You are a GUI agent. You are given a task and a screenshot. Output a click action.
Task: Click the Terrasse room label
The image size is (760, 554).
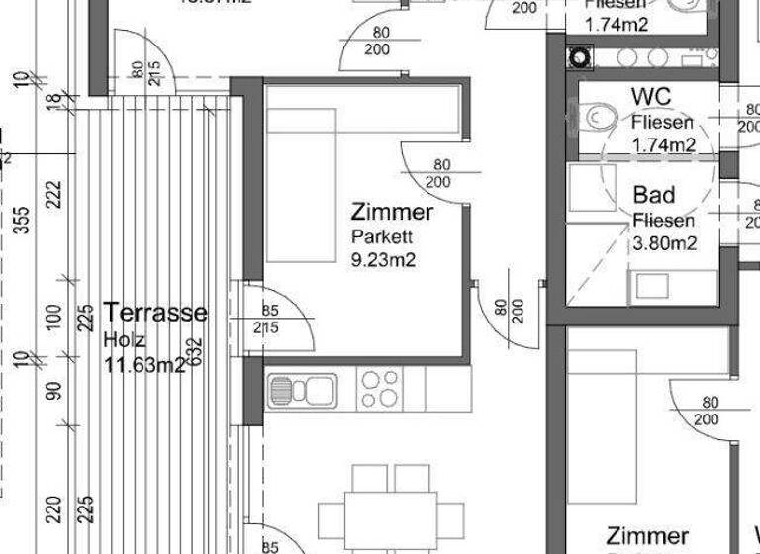point(156,313)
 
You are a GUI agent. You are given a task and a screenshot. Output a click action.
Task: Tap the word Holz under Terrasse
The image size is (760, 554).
point(122,340)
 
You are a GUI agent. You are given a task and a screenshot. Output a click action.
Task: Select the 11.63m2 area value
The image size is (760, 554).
point(144,365)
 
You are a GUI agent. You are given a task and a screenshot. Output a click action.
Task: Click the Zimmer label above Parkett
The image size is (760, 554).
point(392,213)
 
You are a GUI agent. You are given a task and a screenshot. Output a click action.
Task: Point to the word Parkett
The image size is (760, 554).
point(381,237)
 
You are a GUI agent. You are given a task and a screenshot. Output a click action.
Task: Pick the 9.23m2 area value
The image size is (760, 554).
point(383,261)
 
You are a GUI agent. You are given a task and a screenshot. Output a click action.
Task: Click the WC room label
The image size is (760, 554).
point(651,97)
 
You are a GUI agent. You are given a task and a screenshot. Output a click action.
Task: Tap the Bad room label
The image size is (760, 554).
point(654,195)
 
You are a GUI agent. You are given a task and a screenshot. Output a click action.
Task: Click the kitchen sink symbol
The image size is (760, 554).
point(301,389)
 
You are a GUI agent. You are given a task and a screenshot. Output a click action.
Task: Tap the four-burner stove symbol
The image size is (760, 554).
point(379,389)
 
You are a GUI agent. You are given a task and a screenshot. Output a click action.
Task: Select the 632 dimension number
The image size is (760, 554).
point(197,352)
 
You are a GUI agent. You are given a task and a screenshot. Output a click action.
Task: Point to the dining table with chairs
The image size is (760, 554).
point(391,512)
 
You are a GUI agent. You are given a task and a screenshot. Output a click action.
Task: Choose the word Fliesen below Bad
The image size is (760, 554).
point(663,220)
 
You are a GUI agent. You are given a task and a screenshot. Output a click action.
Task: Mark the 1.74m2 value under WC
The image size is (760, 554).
point(663,145)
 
